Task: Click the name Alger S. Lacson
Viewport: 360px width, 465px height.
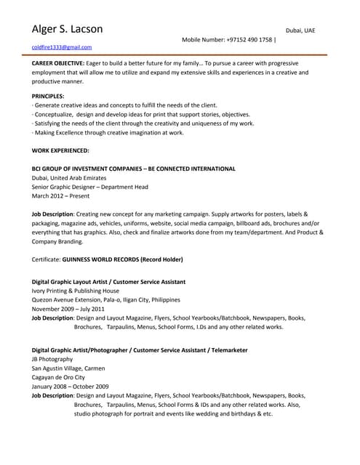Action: pyautogui.click(x=67, y=30)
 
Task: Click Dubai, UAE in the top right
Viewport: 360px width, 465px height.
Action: pyautogui.click(x=300, y=31)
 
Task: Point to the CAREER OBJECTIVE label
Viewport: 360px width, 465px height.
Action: pyautogui.click(x=57, y=64)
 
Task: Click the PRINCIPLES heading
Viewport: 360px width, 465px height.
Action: pyautogui.click(x=48, y=96)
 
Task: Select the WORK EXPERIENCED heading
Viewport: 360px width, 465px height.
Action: pyautogui.click(x=60, y=150)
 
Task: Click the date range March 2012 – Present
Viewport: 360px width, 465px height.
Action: pyautogui.click(x=62, y=195)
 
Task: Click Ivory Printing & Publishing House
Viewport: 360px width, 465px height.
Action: pyautogui.click(x=76, y=291)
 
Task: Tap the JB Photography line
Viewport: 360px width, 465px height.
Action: pyautogui.click(x=52, y=359)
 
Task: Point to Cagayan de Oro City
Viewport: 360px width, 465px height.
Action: pyautogui.click(x=59, y=377)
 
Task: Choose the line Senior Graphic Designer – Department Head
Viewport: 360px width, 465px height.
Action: pyautogui.click(x=90, y=187)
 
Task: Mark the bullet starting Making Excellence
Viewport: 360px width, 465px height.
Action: pyautogui.click(x=108, y=133)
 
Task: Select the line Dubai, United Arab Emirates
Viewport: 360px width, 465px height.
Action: pyautogui.click(x=69, y=177)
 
